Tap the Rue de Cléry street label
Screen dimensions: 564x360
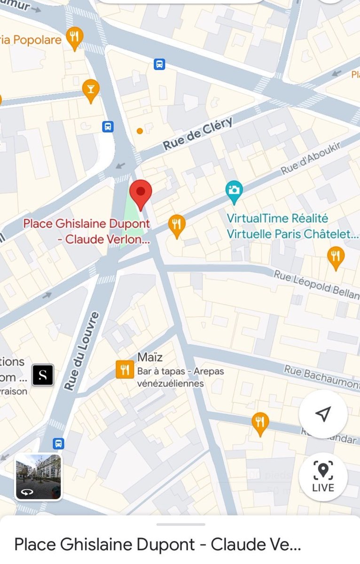(x=198, y=134)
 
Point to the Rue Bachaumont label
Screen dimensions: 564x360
(x=321, y=376)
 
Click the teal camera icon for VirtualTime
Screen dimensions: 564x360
(x=234, y=191)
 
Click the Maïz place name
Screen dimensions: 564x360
(x=150, y=357)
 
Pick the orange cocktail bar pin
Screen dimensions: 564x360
(x=91, y=89)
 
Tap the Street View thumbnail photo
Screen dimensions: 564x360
(x=38, y=476)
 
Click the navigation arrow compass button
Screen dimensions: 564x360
(x=323, y=414)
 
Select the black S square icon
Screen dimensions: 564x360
(x=43, y=375)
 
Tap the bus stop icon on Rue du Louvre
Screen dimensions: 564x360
(x=58, y=443)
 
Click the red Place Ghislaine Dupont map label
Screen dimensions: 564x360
(x=87, y=231)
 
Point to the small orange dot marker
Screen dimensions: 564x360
(x=140, y=131)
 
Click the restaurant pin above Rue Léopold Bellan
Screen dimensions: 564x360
(x=336, y=257)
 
